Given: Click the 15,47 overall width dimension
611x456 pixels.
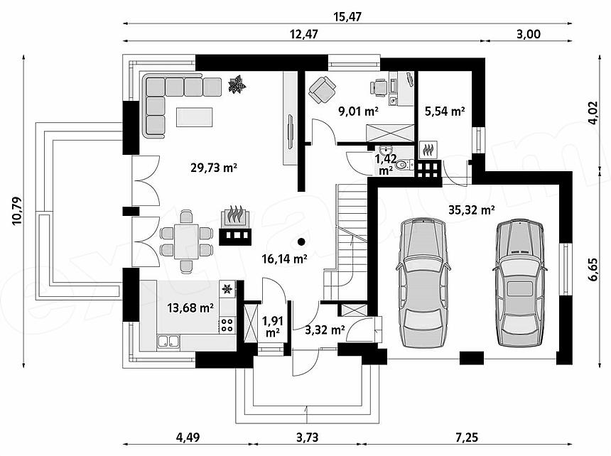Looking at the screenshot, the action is (x=347, y=17).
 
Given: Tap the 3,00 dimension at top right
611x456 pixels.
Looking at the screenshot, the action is (x=529, y=34).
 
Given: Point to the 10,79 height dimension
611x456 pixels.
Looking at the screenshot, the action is (x=18, y=211).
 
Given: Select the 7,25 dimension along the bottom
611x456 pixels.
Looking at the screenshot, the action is (x=467, y=438).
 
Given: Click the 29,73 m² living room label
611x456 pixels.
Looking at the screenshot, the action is (x=214, y=168).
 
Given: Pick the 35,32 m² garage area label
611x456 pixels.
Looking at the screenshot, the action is (x=472, y=210).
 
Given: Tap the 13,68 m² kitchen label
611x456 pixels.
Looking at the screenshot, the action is (x=190, y=308).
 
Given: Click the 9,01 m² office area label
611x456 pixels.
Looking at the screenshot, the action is (x=359, y=112).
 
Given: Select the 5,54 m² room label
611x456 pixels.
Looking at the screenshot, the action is (x=445, y=112).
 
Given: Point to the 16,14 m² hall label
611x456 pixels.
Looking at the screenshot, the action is (x=285, y=259).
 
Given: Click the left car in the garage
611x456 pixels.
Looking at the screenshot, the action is (x=423, y=283).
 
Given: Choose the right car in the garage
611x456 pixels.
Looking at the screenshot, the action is (x=520, y=283).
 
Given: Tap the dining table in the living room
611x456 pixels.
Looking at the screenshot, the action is (x=186, y=241).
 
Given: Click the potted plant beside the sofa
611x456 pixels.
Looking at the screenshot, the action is (x=237, y=84).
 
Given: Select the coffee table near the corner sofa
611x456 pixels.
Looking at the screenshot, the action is (x=195, y=117).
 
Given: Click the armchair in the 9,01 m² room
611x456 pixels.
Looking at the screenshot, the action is (x=323, y=89).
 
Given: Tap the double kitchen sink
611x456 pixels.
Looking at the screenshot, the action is (x=168, y=342).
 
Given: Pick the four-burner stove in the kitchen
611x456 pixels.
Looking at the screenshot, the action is (x=227, y=325).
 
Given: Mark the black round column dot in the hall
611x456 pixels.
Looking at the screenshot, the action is (x=301, y=241).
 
